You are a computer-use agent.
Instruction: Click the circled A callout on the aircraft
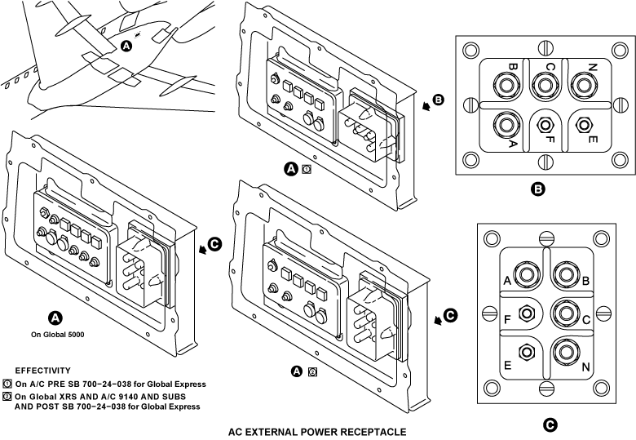pos(126,47)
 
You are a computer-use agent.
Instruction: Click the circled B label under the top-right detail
pos(537,190)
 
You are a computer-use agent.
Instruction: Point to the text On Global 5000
pos(55,334)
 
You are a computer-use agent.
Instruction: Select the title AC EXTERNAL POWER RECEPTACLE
pos(316,431)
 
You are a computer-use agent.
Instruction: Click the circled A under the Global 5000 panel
pos(55,318)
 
